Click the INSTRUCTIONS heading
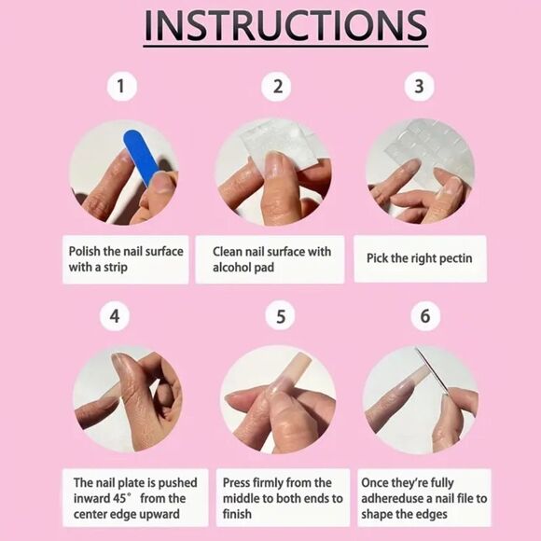[x=285, y=25]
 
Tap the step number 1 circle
[x=122, y=86]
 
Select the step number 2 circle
[x=276, y=86]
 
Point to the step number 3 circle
[x=419, y=86]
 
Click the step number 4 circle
[x=115, y=316]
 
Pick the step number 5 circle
[x=281, y=316]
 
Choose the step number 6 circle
[x=425, y=316]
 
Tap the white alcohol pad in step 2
[x=283, y=144]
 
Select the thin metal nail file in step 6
[x=432, y=371]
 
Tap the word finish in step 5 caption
[x=237, y=514]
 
